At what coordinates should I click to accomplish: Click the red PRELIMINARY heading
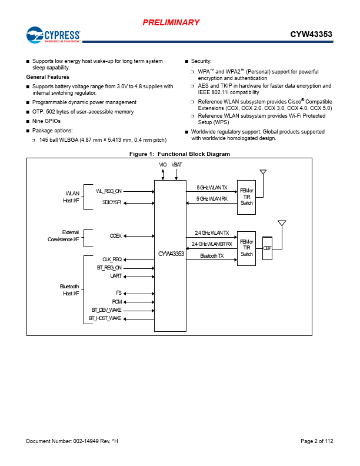(x=171, y=22)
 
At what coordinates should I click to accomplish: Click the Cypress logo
(x=53, y=35)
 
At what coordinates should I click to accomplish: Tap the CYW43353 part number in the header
(x=311, y=34)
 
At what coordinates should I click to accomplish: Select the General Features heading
(x=48, y=77)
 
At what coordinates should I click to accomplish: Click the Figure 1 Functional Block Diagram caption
(x=179, y=154)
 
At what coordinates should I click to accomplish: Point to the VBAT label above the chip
(x=176, y=165)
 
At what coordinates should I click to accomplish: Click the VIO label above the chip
(x=163, y=165)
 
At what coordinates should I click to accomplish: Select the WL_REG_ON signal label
(x=109, y=191)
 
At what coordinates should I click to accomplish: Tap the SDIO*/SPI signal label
(x=112, y=202)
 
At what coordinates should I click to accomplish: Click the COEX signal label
(x=116, y=236)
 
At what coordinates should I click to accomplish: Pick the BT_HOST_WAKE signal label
(x=105, y=318)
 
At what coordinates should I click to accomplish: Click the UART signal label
(x=116, y=276)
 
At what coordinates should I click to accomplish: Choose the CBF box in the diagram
(x=267, y=248)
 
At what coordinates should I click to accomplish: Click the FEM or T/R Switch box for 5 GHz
(x=246, y=197)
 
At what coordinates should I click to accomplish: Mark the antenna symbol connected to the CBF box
(x=282, y=223)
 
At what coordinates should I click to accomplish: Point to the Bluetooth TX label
(x=212, y=256)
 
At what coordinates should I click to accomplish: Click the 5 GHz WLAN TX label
(x=212, y=188)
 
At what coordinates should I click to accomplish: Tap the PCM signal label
(x=117, y=302)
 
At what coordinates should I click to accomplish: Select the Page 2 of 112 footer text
(x=317, y=441)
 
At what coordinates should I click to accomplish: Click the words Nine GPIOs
(x=46, y=121)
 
